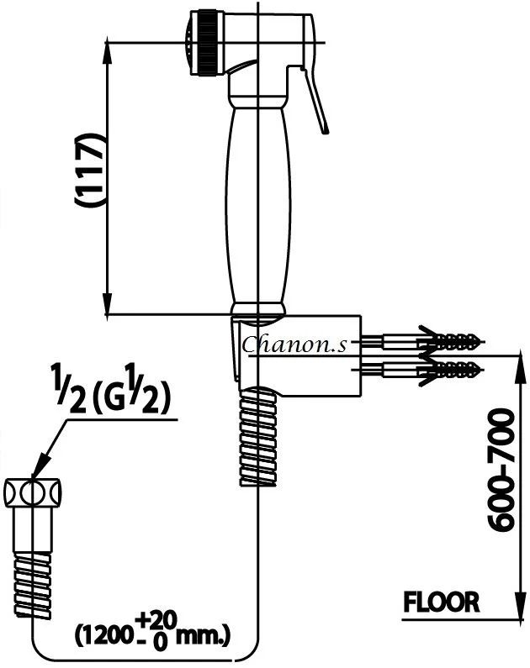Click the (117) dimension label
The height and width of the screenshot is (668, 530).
pos(88,171)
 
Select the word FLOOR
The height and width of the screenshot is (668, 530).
pos(442,602)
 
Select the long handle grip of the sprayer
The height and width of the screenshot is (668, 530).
pos(257,202)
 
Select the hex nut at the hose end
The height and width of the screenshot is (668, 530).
pos(34,491)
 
